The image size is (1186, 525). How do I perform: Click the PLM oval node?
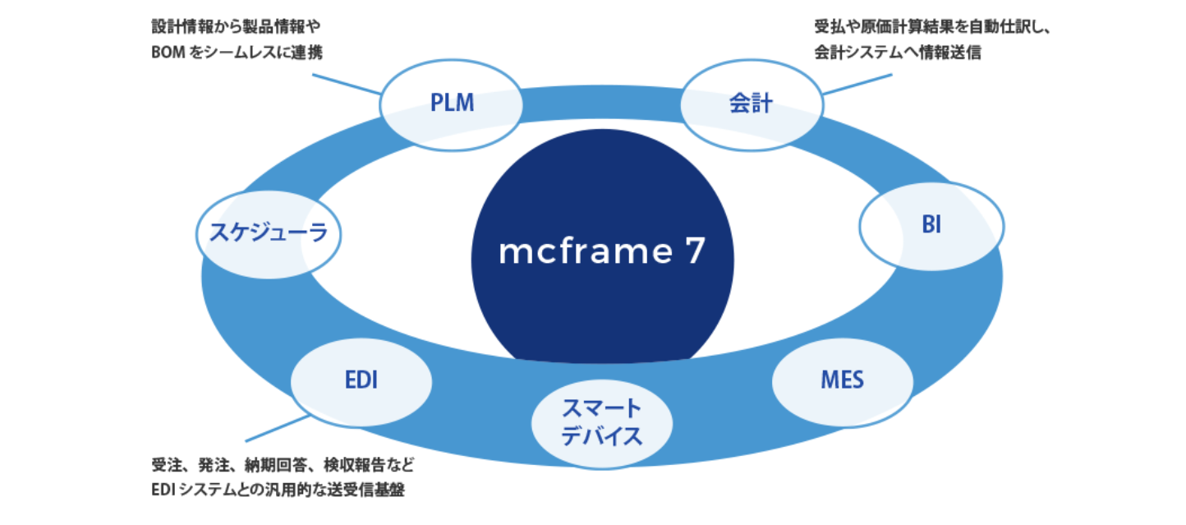tap(451, 105)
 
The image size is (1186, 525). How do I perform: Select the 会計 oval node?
tap(752, 105)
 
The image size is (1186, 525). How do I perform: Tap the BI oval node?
tap(931, 226)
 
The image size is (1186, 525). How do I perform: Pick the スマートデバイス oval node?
tap(602, 424)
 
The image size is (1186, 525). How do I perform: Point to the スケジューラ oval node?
tap(269, 235)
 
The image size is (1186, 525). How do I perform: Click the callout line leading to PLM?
tap(347, 85)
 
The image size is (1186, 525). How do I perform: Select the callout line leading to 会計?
tap(857, 85)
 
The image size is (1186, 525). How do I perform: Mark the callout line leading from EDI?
tap(277, 428)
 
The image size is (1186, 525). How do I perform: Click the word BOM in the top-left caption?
tap(168, 53)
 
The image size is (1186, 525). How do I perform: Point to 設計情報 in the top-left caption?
tap(182, 26)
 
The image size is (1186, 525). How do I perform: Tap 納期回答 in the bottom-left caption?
tap(275, 465)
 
